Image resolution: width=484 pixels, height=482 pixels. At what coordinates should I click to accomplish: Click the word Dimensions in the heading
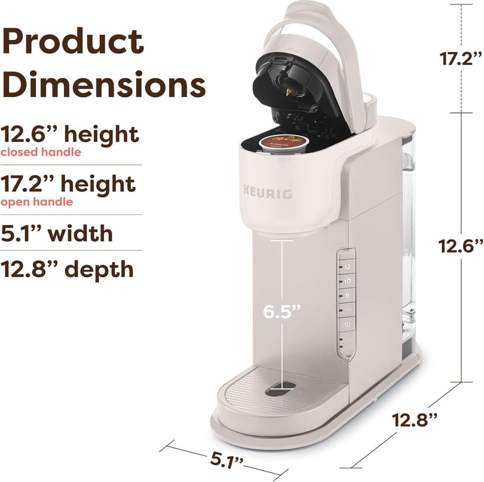(x=104, y=84)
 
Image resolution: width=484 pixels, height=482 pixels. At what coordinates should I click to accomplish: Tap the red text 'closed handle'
(x=40, y=153)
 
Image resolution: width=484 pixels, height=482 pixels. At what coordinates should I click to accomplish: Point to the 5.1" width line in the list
(x=57, y=233)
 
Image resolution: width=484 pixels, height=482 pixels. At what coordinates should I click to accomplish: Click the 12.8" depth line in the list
(x=67, y=269)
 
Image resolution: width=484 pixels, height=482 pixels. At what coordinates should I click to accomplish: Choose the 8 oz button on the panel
(x=347, y=295)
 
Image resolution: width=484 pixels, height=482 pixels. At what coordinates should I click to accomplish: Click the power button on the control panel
(x=347, y=323)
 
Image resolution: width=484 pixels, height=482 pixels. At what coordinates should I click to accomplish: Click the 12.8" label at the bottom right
(x=414, y=419)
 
